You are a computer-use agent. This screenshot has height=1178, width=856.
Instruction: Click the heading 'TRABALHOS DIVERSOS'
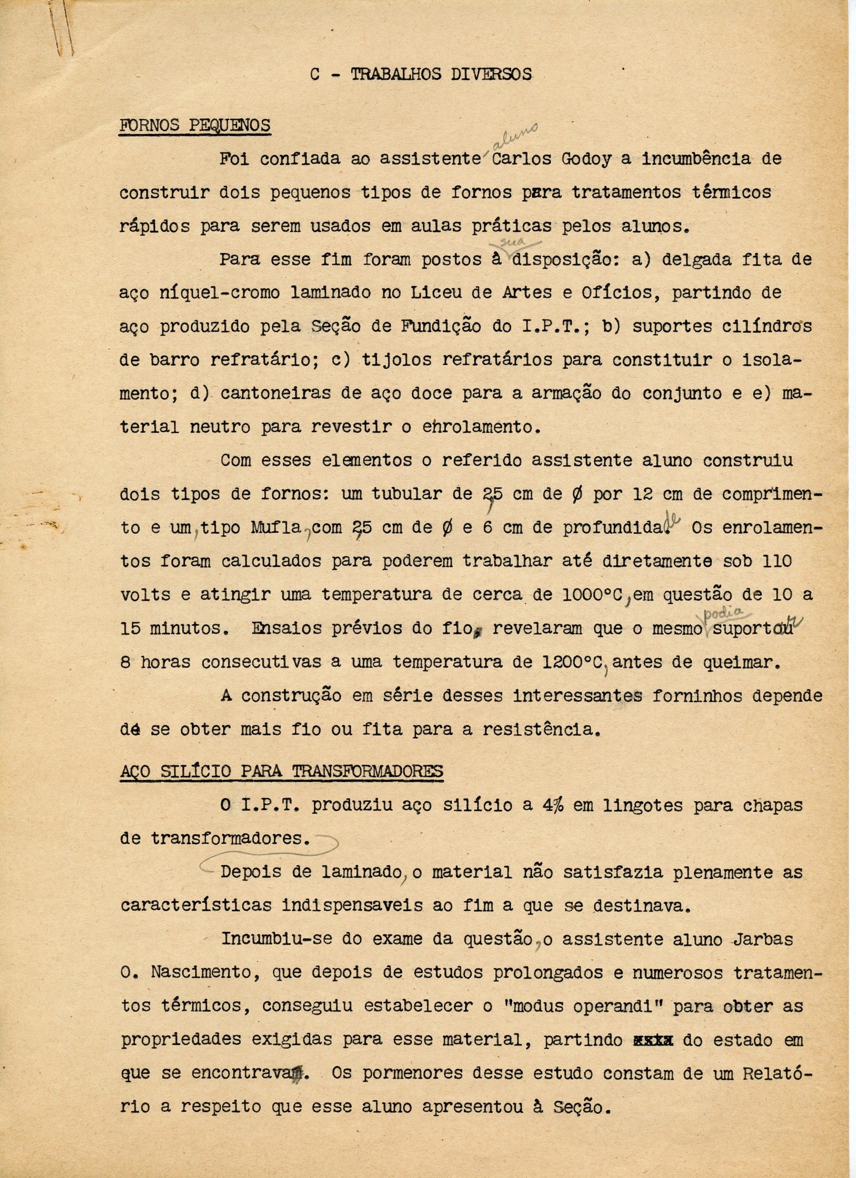(441, 74)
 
